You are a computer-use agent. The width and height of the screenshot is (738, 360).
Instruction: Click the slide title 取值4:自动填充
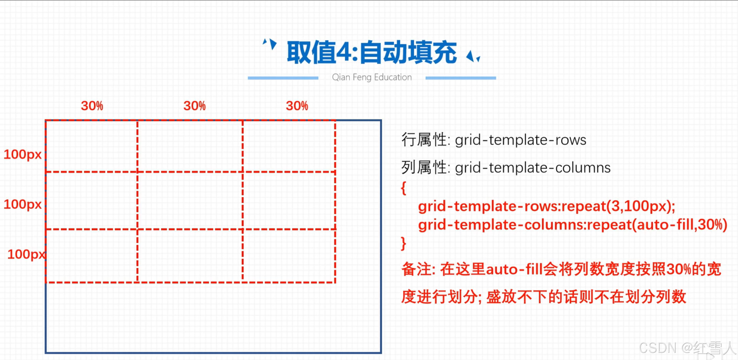371,52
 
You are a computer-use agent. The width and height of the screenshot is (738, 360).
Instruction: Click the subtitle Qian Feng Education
372,77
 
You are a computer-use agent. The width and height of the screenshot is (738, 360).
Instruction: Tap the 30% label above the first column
92,106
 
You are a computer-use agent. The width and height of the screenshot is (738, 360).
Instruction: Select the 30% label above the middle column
195,106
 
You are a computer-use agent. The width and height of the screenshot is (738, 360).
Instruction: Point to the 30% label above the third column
297,106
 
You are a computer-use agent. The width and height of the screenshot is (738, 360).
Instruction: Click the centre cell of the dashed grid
190,201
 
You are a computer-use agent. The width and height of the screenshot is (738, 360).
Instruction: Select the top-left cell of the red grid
91,146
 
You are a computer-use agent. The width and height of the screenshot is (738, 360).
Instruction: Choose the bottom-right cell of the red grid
289,256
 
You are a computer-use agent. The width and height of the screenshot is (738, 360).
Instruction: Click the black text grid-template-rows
521,140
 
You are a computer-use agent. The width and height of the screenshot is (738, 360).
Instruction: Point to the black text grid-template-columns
533,168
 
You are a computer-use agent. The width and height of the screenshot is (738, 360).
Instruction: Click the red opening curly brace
403,188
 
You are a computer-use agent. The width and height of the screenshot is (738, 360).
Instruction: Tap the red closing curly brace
403,244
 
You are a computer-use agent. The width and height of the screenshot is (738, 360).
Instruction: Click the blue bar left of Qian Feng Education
283,78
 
